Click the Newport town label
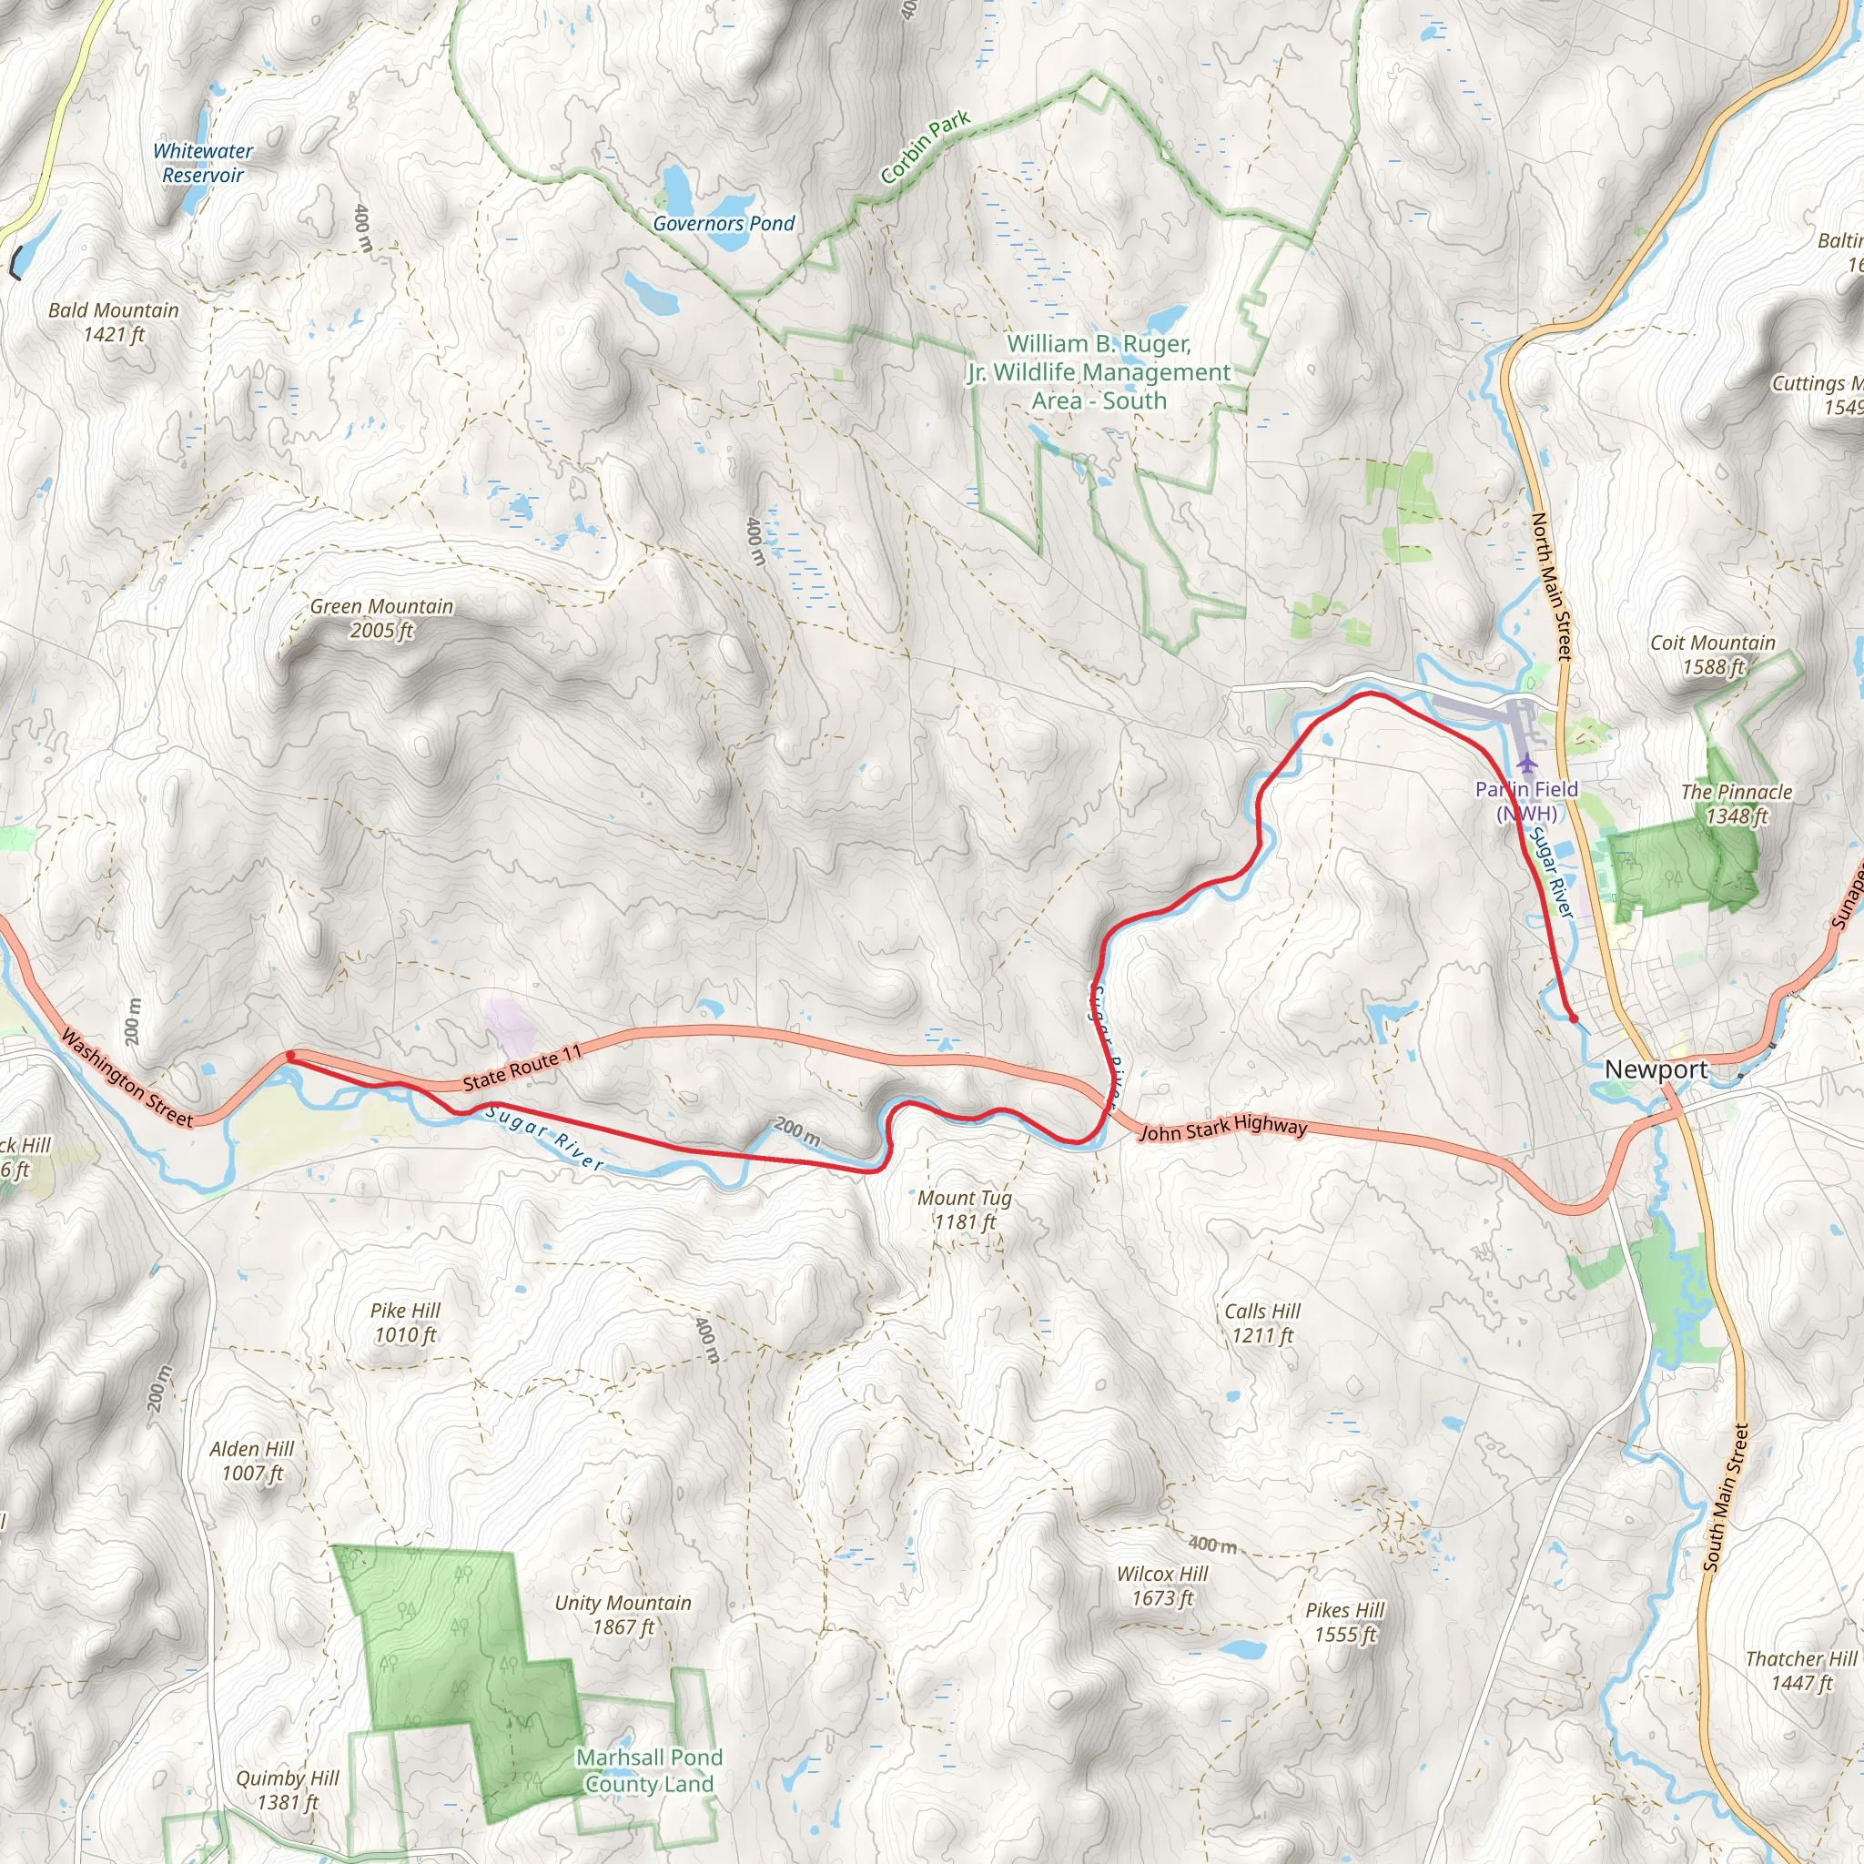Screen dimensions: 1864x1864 coord(1655,1069)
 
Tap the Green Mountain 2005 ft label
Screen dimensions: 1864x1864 coord(381,617)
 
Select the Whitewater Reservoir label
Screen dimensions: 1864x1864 coord(203,163)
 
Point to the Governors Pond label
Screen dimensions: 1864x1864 coord(724,224)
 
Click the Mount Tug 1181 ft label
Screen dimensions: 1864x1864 coord(965,1209)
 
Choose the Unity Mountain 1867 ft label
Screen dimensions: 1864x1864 coord(623,1614)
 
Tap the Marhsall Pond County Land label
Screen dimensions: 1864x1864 coord(649,1770)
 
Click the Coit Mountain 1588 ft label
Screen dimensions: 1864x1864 coord(1713,654)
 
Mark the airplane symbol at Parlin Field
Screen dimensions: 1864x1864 coord(1525,765)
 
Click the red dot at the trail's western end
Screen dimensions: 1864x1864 coord(290,1057)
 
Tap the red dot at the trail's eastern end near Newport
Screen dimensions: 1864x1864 coord(1574,1018)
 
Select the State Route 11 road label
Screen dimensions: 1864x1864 coord(522,1067)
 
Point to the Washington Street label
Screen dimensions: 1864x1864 coord(127,1078)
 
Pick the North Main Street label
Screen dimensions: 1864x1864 coord(1553,585)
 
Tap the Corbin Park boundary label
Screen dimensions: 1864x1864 coord(926,147)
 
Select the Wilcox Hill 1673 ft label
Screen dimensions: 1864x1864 coord(1161,1585)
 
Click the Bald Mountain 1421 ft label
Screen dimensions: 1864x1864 coord(114,321)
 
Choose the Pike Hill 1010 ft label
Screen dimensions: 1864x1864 coord(405,1322)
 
